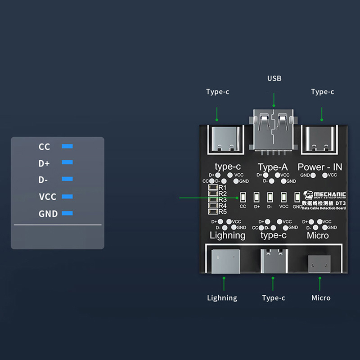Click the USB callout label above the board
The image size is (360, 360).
click(x=274, y=79)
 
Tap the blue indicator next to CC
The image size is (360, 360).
click(x=67, y=146)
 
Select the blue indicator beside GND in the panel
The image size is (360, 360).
click(x=67, y=213)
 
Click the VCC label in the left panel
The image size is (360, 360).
click(x=47, y=197)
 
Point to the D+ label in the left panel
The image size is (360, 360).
click(x=44, y=163)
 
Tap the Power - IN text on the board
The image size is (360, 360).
click(x=320, y=167)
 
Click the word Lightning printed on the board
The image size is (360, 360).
click(x=228, y=235)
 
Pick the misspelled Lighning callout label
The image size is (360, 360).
click(x=222, y=298)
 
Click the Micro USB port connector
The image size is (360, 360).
click(x=319, y=263)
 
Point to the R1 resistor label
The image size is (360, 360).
click(x=223, y=187)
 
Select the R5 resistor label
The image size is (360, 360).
click(x=223, y=212)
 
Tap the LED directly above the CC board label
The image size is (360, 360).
click(x=243, y=197)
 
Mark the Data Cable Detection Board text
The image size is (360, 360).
click(x=324, y=208)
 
